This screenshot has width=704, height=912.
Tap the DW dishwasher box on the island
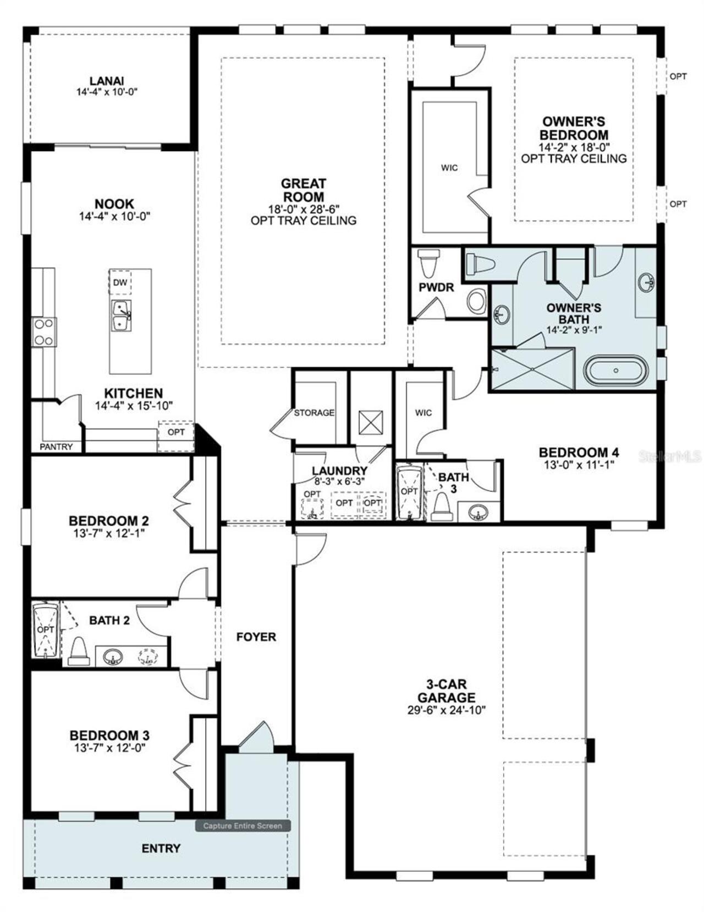point(120,283)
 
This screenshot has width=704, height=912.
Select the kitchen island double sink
point(121,316)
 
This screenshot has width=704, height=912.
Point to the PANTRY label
point(56,446)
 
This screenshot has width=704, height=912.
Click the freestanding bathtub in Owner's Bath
point(616,371)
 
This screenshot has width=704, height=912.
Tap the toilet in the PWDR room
point(428,263)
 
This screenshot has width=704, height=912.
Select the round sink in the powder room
point(476,301)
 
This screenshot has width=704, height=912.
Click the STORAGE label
point(314,412)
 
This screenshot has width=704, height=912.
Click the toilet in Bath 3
point(441,507)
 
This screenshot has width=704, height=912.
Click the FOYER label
point(256,637)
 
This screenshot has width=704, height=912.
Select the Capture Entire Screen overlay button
point(243,826)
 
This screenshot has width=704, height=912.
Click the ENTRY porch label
point(161,849)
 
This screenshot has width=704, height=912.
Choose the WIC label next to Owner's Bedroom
point(449,168)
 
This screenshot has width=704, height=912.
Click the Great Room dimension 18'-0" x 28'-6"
point(304,208)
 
